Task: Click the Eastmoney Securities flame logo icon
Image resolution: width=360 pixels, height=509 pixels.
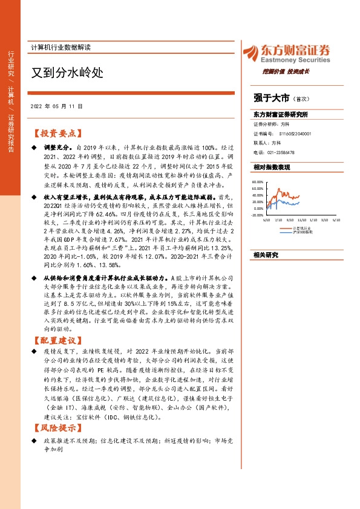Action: coord(249,53)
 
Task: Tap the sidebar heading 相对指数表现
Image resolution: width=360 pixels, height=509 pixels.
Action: coord(272,166)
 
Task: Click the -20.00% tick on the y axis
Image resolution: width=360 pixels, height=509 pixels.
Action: coord(257,215)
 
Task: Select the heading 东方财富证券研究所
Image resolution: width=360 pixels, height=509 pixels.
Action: coord(281,114)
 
